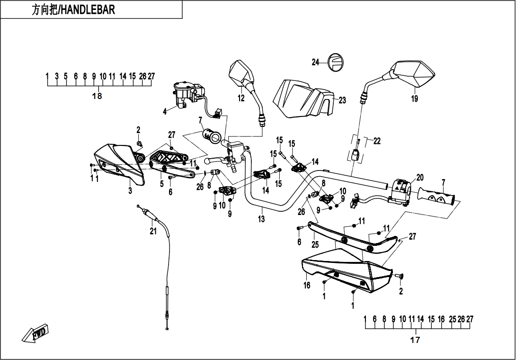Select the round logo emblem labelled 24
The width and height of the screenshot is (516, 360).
[x=336, y=62]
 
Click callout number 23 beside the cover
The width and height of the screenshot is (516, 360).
[x=342, y=100]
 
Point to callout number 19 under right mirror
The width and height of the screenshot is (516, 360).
[x=414, y=98]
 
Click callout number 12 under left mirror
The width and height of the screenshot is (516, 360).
[x=241, y=98]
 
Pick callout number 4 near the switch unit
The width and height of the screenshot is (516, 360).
[x=165, y=112]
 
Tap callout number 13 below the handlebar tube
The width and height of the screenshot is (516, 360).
[x=261, y=219]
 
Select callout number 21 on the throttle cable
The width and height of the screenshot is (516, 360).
[x=153, y=231]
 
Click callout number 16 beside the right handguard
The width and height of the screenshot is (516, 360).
[x=307, y=285]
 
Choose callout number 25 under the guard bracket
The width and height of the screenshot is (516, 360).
[x=315, y=244]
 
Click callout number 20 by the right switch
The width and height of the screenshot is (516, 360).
[x=420, y=178]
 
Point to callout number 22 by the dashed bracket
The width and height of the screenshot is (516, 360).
[x=377, y=141]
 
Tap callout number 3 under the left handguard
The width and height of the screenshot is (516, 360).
[x=130, y=190]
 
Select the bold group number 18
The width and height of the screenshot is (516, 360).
[x=97, y=96]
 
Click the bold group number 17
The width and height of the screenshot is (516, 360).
[x=415, y=340]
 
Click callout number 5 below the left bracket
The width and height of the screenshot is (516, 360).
[x=161, y=183]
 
